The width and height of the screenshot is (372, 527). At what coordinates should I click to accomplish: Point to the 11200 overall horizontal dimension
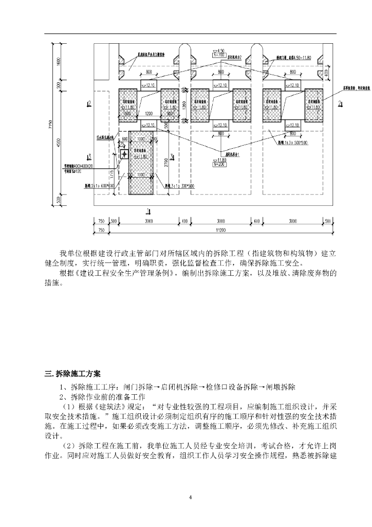[x=221, y=231]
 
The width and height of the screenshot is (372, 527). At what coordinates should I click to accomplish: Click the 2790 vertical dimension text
[x=166, y=164]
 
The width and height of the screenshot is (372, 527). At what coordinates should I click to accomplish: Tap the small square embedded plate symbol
[x=124, y=154]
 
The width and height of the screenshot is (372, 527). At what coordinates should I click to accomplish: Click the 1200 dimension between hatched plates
[x=149, y=113]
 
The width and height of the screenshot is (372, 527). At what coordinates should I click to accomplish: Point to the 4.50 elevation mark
[x=221, y=50]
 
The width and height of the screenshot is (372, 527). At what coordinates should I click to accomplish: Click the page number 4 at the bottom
[x=190, y=497]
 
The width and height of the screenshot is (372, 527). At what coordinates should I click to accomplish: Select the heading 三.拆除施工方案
[x=73, y=373]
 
